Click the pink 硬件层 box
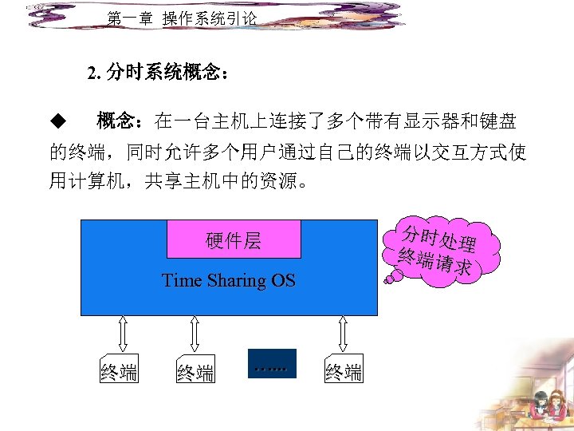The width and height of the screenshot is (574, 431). point(234,239)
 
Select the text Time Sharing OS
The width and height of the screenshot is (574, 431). point(228,281)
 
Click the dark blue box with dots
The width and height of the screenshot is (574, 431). point(272,363)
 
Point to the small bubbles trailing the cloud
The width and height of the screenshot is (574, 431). point(391,278)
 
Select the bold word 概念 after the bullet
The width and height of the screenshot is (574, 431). point(115,122)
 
